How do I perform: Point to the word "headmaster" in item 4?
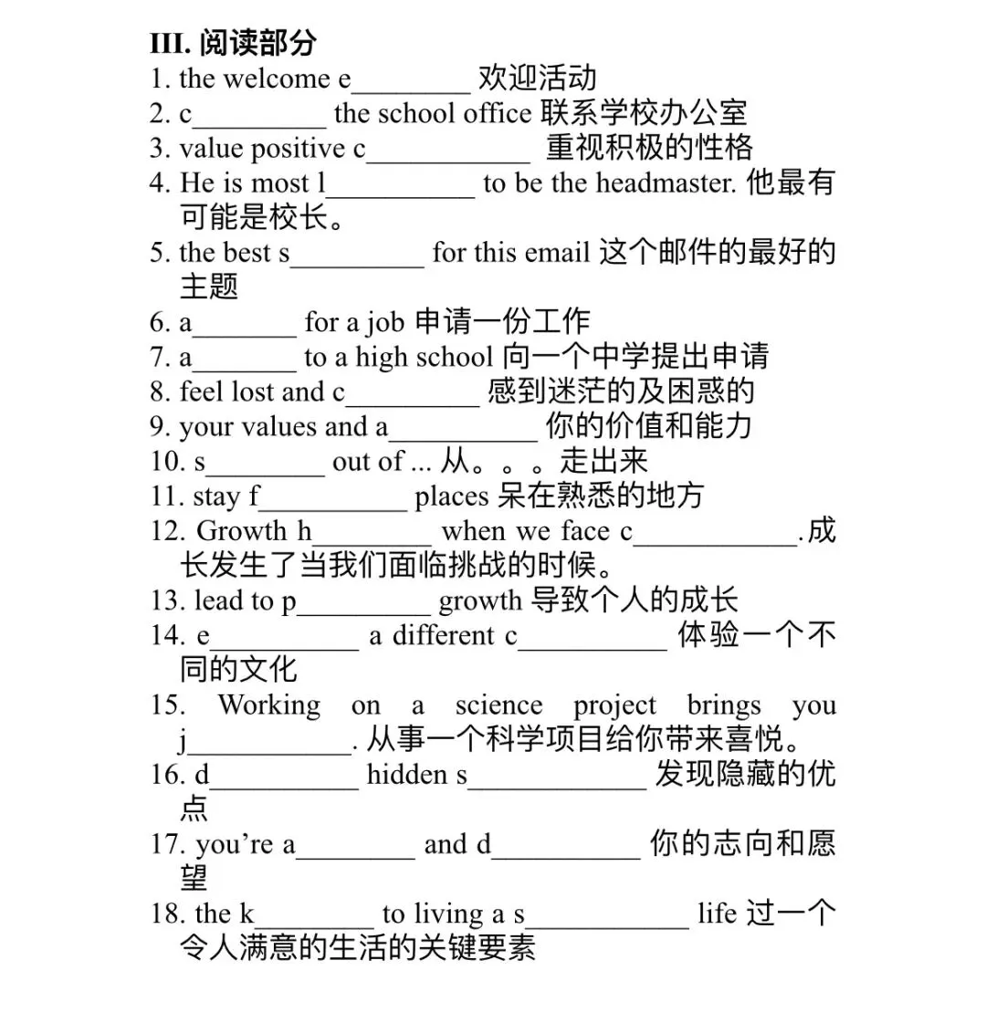666,183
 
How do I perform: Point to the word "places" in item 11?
452,496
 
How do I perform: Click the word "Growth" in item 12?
241,531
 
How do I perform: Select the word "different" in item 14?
443,635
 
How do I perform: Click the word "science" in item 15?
498,705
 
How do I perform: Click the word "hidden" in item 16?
407,775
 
